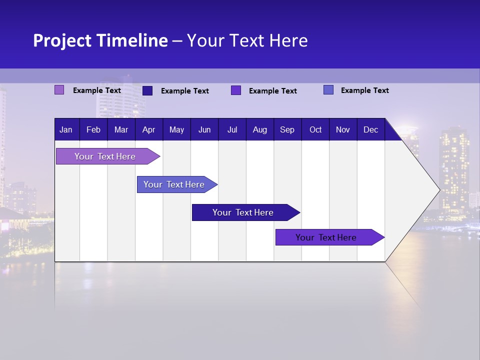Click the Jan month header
click(x=66, y=129)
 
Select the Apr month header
click(x=148, y=129)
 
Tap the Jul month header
click(x=232, y=129)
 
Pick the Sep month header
click(x=287, y=129)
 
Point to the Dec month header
click(x=370, y=129)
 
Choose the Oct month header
click(x=315, y=129)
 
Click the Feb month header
click(x=93, y=129)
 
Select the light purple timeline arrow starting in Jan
click(x=105, y=156)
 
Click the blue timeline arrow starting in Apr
click(x=174, y=184)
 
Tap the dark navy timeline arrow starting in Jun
click(x=243, y=212)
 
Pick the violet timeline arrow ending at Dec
click(x=326, y=237)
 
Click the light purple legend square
click(x=59, y=90)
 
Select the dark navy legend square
click(x=147, y=90)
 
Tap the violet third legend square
click(x=236, y=90)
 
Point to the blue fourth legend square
click(x=328, y=90)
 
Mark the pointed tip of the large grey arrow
click(x=438, y=189)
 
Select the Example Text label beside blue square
click(x=364, y=90)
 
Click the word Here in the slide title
click(x=288, y=40)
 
